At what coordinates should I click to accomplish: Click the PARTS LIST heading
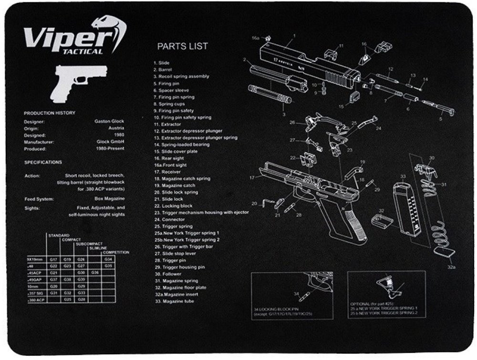point(183,46)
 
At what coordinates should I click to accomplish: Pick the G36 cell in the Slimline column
point(95,272)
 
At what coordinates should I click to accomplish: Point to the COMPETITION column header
point(116,252)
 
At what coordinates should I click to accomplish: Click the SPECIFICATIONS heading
point(43,162)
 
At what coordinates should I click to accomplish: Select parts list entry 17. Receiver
point(164,172)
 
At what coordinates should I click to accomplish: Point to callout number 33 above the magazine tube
point(403,176)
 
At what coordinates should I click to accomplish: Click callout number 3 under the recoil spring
point(283,114)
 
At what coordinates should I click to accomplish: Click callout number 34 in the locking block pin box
point(296,293)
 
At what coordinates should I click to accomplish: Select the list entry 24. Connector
point(165,219)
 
